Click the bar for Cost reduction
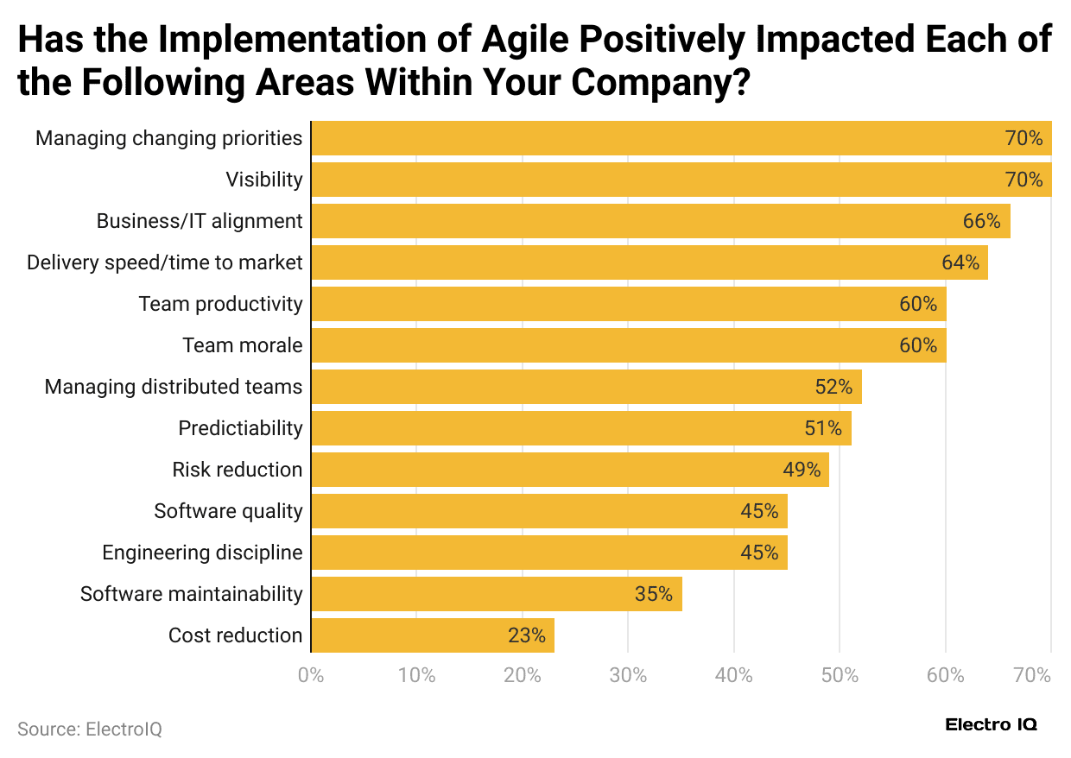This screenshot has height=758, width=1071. tap(432, 635)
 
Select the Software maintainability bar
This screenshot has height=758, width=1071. tap(496, 594)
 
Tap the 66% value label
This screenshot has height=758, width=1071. tap(981, 221)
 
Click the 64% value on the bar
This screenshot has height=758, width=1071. tap(960, 262)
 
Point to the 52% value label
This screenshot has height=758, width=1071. tap(833, 387)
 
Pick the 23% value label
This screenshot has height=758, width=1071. tap(527, 635)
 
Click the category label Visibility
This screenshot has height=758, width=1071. tap(264, 180)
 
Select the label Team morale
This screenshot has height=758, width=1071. tap(242, 345)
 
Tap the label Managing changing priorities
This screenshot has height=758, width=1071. tap(169, 138)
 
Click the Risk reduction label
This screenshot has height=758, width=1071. tap(238, 470)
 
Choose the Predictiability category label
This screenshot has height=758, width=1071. tap(240, 428)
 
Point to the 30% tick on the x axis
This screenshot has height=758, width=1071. tap(628, 675)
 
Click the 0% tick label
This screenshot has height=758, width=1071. tap(311, 675)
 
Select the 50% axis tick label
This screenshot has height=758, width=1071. tap(840, 675)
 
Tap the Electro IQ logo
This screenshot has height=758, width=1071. tap(991, 724)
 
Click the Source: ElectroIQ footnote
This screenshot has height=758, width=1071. tap(90, 729)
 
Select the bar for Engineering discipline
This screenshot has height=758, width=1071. tap(548, 553)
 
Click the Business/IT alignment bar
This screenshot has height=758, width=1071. tap(660, 221)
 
